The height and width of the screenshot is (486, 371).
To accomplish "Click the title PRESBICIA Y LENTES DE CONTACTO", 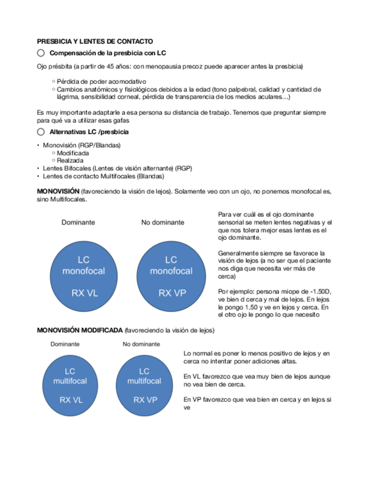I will [94, 41].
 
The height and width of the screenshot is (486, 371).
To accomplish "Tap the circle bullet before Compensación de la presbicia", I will [41, 53].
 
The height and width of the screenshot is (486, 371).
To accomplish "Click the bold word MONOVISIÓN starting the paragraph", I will [58, 191].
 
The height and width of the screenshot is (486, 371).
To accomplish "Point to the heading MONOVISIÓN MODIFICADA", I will [80, 331].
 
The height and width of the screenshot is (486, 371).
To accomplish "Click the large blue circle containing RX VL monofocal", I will [84, 276].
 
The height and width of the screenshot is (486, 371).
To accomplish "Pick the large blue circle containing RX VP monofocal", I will [171, 276].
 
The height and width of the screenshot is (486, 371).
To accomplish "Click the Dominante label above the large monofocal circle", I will [78, 222].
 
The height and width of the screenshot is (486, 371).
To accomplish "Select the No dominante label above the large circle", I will [163, 222].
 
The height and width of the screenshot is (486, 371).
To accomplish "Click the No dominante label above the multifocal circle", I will [141, 344].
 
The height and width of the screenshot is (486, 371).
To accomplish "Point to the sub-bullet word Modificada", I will [73, 153].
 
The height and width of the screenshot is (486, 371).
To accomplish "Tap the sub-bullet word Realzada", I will [70, 160].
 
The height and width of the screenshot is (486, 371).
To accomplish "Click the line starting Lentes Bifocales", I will [117, 168].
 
